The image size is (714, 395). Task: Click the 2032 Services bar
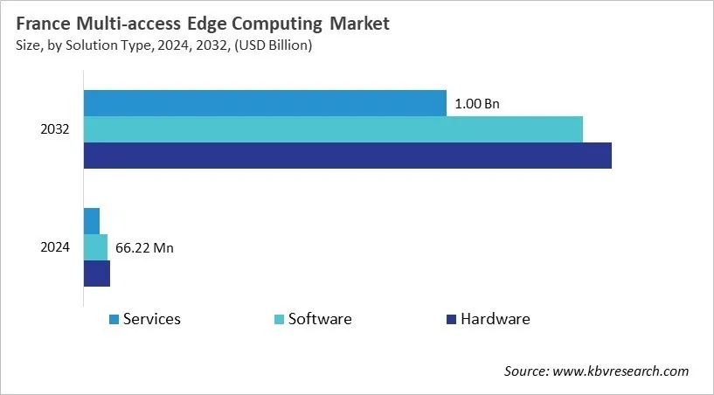(265, 103)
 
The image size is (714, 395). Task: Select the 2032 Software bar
(333, 129)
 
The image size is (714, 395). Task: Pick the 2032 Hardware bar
(348, 156)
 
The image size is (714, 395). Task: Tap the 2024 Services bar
(92, 221)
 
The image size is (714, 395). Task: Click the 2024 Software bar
(95, 247)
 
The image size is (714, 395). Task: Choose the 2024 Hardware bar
(97, 274)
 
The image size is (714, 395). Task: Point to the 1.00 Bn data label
(477, 104)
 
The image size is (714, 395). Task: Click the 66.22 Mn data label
(144, 248)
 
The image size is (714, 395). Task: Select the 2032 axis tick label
(55, 129)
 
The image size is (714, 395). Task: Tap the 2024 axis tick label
(55, 247)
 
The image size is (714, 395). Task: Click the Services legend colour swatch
(114, 320)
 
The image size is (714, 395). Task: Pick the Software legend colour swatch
(279, 320)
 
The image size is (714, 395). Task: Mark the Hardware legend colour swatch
(451, 320)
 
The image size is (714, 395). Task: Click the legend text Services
(152, 319)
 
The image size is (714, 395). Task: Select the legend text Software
(320, 319)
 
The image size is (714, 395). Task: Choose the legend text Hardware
(496, 319)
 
